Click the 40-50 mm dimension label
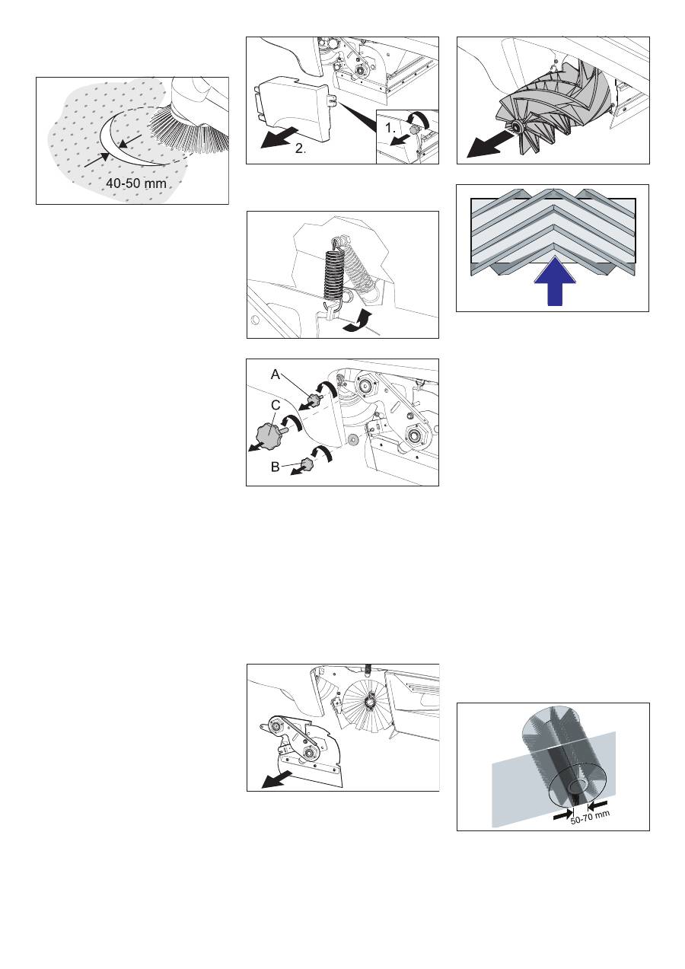coord(136,183)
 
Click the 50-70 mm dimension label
coord(590,818)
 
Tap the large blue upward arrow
coord(555,281)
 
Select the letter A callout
coord(276,375)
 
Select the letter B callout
coord(275,467)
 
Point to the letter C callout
coord(276,406)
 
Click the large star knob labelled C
coord(270,432)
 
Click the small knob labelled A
coord(314,400)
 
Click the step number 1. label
coord(390,128)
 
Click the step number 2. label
coord(301,148)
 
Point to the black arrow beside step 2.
coord(279,138)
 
